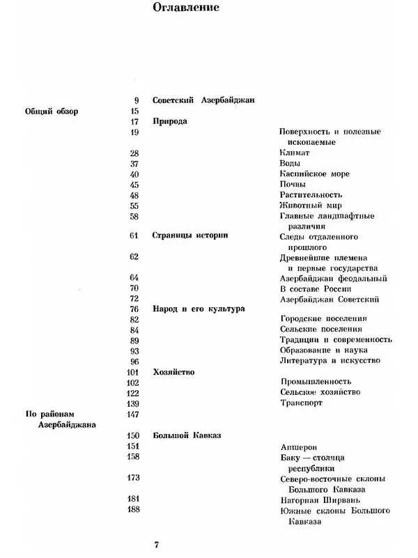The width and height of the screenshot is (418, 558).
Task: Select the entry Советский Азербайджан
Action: click(x=203, y=100)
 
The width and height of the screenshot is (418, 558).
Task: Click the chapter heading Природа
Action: click(x=169, y=121)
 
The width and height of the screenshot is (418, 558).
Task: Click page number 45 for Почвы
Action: click(x=134, y=184)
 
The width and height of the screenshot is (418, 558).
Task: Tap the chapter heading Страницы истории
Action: click(x=189, y=235)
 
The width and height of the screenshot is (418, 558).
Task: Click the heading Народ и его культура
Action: click(x=198, y=308)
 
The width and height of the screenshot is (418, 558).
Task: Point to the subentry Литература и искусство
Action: click(x=330, y=360)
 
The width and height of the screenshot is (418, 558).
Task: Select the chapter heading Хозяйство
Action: click(x=173, y=372)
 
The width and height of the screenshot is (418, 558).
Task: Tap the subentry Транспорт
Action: click(x=301, y=403)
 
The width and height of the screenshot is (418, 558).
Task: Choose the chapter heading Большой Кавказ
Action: click(x=186, y=435)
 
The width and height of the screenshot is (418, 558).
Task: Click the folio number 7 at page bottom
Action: click(x=157, y=543)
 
